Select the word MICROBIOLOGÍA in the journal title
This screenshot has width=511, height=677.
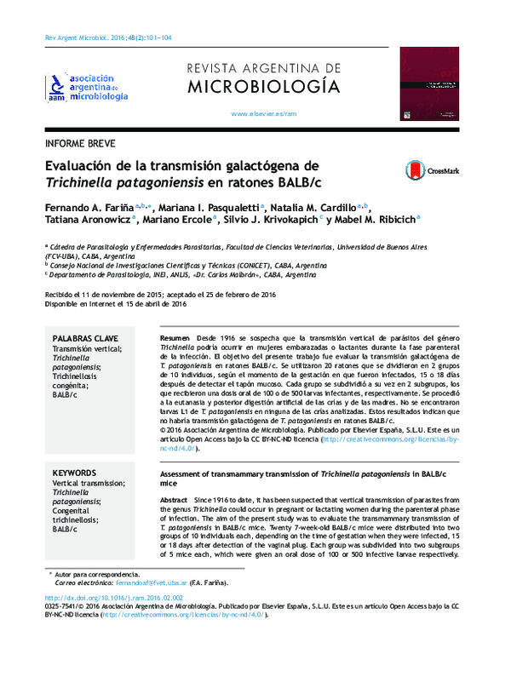pos(262,85)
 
